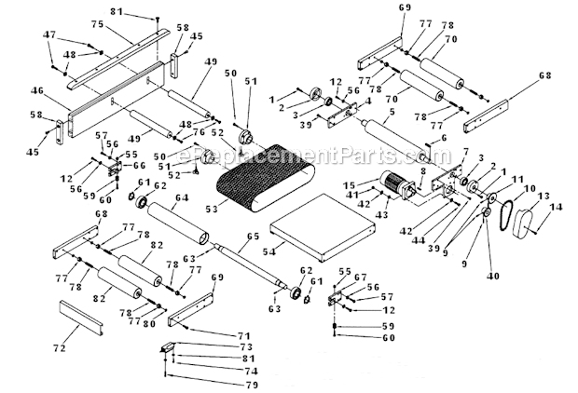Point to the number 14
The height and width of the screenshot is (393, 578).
tap(559, 207)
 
